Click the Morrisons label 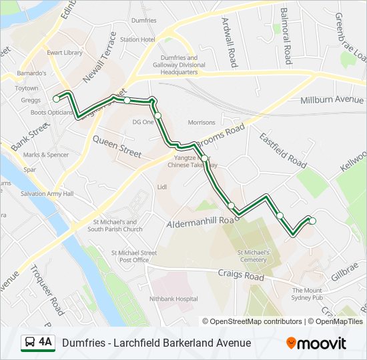pos(202,123)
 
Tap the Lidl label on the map pos(161,187)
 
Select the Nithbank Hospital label pos(174,299)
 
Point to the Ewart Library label pos(65,53)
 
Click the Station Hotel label pos(137,39)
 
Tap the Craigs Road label pos(241,274)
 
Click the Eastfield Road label pos(283,149)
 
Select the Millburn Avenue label pos(332,100)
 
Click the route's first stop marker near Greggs pos(56,99)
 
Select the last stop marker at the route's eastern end pos(312,221)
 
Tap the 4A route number pos(45,342)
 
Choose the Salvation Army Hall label pos(47,193)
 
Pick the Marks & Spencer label pos(45,155)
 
